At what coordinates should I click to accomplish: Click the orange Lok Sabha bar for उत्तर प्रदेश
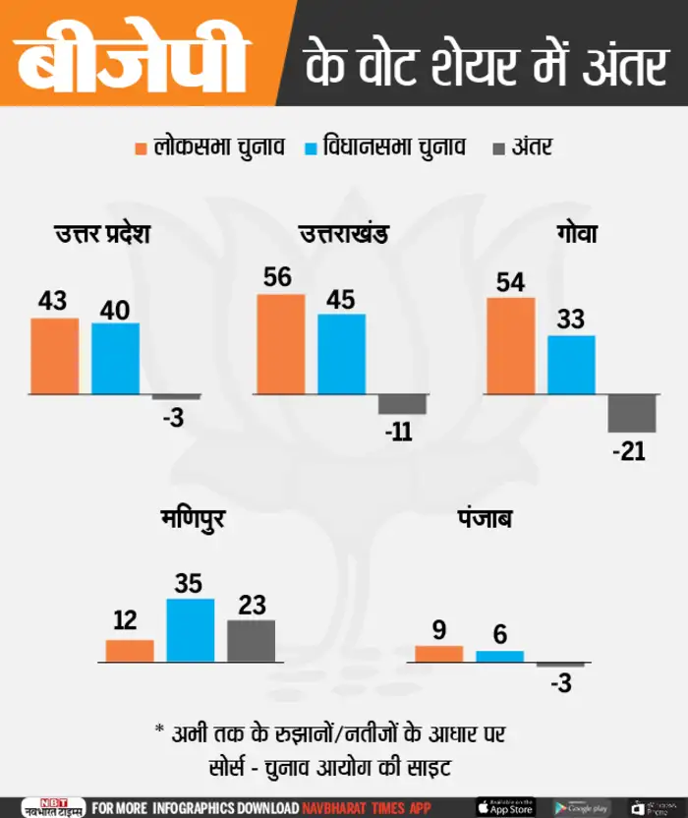coord(54,356)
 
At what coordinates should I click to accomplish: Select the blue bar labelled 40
coord(115,359)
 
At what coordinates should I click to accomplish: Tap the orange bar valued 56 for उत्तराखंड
coord(280,344)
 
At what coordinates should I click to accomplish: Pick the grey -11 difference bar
coord(402,404)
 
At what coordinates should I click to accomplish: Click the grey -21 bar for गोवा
coord(631,413)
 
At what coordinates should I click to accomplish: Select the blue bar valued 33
coord(571,365)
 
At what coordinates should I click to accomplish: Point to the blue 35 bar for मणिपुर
coord(190,629)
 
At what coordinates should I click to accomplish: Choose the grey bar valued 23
coord(252,640)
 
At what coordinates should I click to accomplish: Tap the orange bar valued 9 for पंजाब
coord(439,653)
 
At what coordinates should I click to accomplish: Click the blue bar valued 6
coord(500,656)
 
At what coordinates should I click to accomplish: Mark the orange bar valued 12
coord(130,650)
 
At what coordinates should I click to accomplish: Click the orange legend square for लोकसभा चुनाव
coord(141,148)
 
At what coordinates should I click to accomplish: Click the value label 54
coord(510,282)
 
